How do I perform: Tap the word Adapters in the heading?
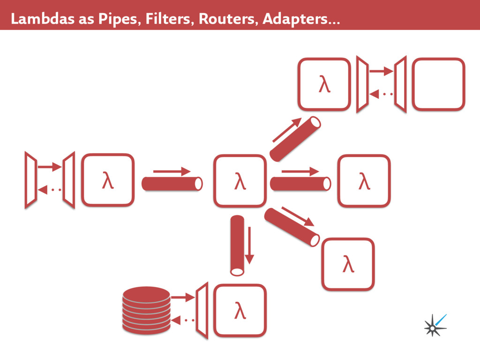click(x=296, y=19)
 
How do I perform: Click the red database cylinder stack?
click(x=146, y=310)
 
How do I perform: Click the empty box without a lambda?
click(x=438, y=84)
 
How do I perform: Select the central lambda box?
click(x=240, y=180)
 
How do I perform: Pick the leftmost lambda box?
click(x=108, y=180)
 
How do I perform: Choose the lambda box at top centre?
click(x=324, y=84)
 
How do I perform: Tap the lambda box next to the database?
click(x=240, y=310)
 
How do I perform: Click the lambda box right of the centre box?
click(x=364, y=180)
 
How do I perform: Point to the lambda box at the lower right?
click(x=348, y=264)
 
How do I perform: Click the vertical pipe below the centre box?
click(x=237, y=244)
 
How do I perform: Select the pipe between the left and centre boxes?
click(x=172, y=183)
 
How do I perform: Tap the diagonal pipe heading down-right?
click(x=292, y=227)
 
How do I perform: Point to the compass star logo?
click(x=434, y=325)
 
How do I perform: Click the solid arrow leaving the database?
click(x=182, y=297)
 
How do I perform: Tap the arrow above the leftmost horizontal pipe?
click(x=172, y=172)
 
